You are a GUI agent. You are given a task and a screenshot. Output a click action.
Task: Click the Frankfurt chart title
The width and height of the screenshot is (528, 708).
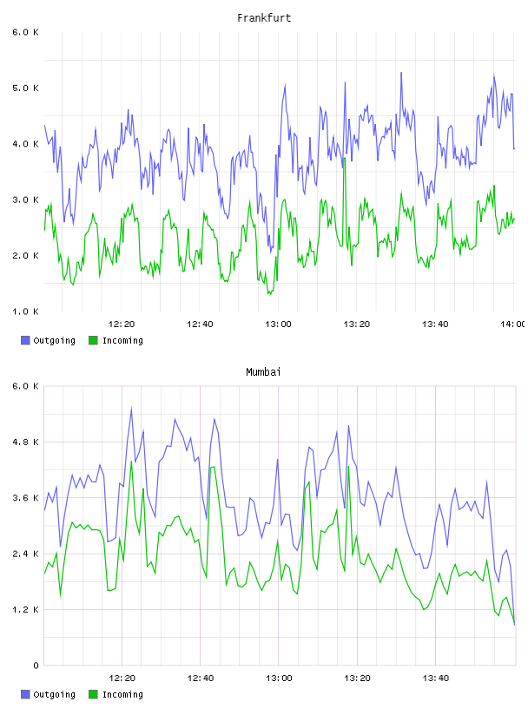click(264, 18)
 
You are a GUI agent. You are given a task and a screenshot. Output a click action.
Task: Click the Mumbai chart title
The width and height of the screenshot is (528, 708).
click(263, 372)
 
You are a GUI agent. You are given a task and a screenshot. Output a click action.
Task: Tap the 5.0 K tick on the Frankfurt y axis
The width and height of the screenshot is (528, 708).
click(25, 88)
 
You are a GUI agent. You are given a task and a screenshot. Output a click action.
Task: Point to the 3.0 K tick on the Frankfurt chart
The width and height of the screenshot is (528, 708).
click(25, 200)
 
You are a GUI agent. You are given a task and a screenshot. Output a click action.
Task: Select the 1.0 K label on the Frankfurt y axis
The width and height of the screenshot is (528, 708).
click(25, 311)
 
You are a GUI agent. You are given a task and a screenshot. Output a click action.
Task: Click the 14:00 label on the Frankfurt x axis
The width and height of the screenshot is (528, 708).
click(513, 324)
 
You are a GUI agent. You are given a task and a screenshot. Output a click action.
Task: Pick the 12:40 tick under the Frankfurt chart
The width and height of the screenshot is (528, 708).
click(200, 324)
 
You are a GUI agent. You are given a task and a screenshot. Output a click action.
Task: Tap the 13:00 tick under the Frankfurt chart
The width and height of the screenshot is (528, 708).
click(278, 324)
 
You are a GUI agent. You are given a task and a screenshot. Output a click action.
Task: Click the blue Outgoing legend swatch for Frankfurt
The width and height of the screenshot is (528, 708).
click(25, 340)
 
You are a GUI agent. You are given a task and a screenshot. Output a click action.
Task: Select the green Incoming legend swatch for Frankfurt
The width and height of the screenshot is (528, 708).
click(93, 340)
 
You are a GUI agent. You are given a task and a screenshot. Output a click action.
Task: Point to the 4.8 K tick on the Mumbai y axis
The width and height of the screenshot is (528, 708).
click(25, 442)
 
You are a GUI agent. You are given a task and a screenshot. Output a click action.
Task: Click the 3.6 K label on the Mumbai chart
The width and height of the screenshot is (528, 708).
click(25, 498)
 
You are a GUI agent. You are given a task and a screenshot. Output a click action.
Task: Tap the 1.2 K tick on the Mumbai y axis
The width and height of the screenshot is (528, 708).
click(25, 610)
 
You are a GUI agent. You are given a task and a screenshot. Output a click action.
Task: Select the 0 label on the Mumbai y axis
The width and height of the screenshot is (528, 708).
click(36, 665)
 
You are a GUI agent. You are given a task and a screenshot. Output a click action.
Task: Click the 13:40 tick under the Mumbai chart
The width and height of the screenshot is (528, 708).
click(435, 678)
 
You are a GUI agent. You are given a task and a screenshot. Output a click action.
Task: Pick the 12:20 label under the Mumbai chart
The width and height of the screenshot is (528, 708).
click(122, 678)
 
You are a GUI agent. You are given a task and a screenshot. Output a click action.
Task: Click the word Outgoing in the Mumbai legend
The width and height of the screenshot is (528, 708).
click(54, 694)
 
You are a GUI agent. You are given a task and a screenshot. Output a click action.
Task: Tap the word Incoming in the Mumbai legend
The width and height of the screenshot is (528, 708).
click(122, 694)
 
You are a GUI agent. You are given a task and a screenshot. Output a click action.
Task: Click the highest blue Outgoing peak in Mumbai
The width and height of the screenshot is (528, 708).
click(131, 408)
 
